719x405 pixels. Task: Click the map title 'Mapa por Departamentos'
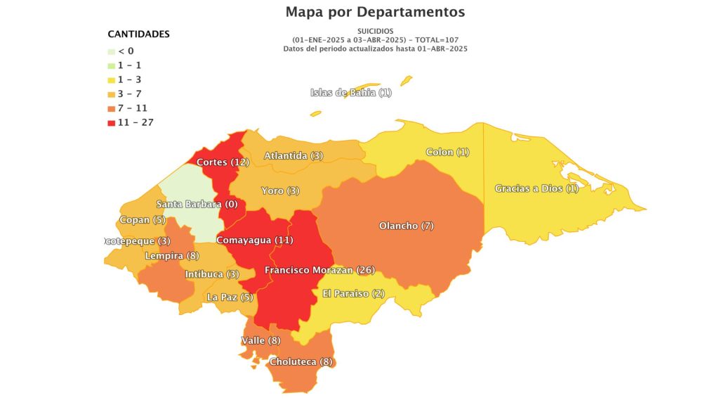point(375,12)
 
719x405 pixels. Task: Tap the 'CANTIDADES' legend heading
point(138,34)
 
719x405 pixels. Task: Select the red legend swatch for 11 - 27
point(111,122)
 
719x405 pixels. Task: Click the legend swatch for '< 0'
point(111,51)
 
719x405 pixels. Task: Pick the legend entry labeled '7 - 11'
point(133,108)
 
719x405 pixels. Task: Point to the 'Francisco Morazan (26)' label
point(319,270)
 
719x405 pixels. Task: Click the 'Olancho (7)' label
point(407,226)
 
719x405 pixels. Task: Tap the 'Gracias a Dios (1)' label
point(536,188)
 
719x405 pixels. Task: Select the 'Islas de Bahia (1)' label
point(351,93)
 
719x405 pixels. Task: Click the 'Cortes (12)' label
point(223,162)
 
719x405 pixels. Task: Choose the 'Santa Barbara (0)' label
point(197,205)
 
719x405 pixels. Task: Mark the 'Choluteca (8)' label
point(300,362)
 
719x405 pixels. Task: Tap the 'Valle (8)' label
point(260,340)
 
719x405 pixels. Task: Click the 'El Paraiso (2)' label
point(353,293)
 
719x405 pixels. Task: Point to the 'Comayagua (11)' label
point(255,240)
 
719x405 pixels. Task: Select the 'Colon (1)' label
point(447,153)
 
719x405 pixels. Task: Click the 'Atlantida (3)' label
point(293,155)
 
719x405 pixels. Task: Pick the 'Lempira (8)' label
point(171,256)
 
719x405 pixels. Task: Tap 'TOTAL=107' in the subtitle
point(435,40)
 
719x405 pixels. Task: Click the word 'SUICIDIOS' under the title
point(375,32)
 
